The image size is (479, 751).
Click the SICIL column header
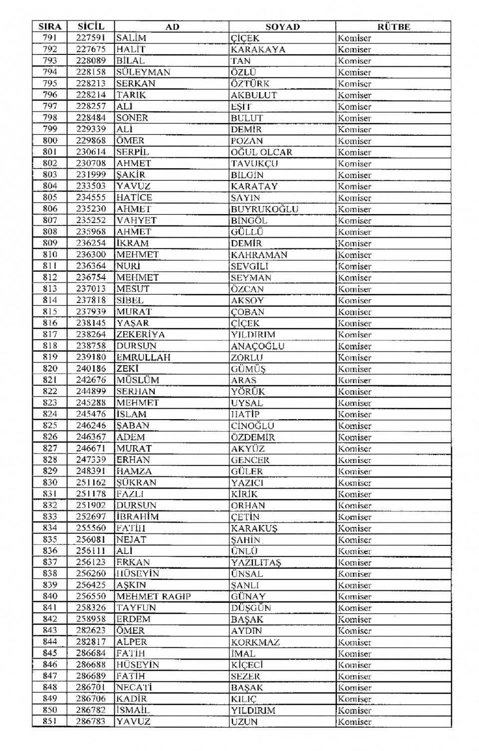click(x=91, y=27)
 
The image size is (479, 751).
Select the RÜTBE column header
click(x=393, y=27)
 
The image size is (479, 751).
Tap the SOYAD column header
click(x=282, y=27)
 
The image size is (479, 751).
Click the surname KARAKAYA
click(x=258, y=49)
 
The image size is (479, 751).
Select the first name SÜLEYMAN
click(x=143, y=72)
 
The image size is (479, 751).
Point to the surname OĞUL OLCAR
click(x=261, y=152)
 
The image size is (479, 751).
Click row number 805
click(x=50, y=198)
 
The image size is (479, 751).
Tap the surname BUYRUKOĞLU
click(x=264, y=209)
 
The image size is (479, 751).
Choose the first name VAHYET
click(x=136, y=221)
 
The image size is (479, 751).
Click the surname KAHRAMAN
click(x=259, y=254)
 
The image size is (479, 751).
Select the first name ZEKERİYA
click(x=140, y=334)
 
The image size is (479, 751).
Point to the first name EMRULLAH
click(x=143, y=357)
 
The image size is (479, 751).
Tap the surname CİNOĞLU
click(x=252, y=426)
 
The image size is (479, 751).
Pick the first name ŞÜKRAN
click(x=136, y=483)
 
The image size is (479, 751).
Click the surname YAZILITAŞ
click(x=256, y=562)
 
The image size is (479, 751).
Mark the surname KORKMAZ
click(x=255, y=642)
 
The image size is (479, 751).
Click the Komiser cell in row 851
click(x=355, y=722)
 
